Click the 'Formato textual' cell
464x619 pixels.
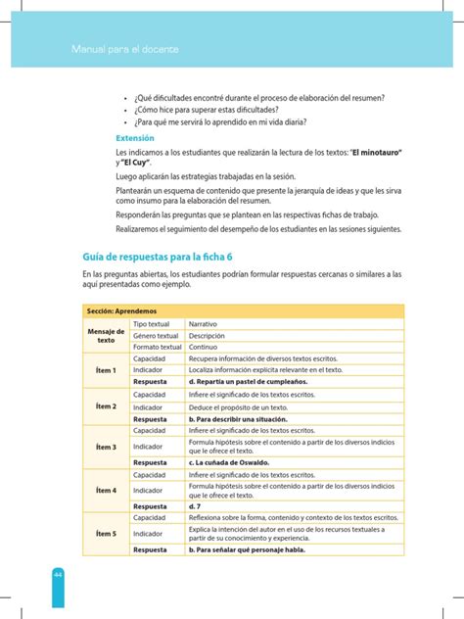(157, 346)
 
